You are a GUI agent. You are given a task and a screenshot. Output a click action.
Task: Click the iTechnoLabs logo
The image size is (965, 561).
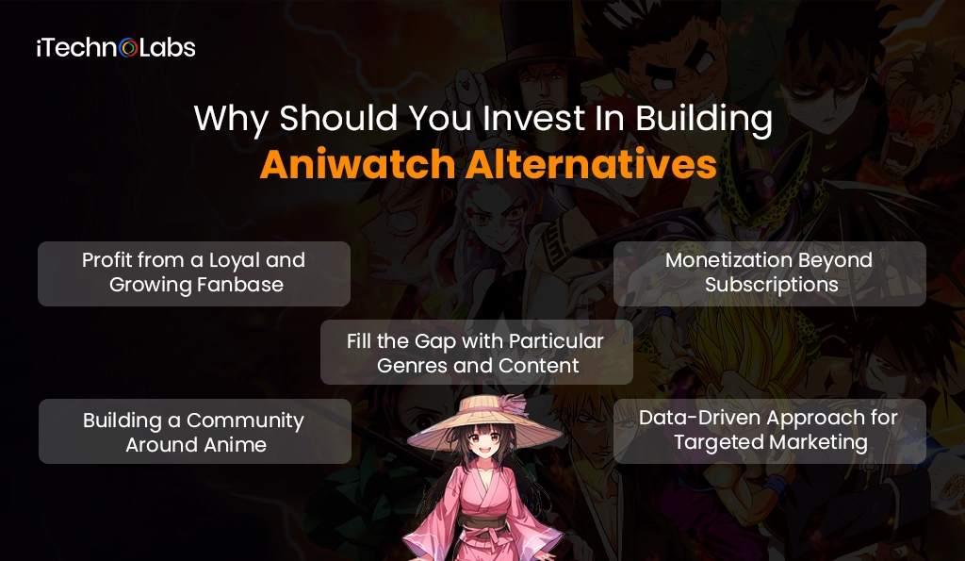pyautogui.click(x=116, y=47)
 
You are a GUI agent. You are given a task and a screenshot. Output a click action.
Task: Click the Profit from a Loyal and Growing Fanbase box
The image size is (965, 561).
pyautogui.click(x=194, y=272)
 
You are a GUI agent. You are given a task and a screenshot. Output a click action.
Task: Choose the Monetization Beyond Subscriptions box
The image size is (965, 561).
pyautogui.click(x=770, y=272)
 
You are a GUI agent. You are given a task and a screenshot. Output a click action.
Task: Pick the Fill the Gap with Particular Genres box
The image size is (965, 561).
pyautogui.click(x=476, y=352)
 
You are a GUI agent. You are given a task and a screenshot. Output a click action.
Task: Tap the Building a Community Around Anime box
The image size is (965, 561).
pyautogui.click(x=194, y=431)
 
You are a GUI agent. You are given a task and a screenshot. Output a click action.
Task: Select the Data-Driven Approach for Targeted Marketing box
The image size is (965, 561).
pyautogui.click(x=770, y=430)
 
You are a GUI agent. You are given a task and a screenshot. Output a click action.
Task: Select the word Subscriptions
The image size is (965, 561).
pyautogui.click(x=771, y=285)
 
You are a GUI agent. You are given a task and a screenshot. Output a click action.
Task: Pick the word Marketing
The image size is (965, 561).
pyautogui.click(x=818, y=442)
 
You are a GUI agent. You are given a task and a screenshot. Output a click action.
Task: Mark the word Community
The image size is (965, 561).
pyautogui.click(x=245, y=420)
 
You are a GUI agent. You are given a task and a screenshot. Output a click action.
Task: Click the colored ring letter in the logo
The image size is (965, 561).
pyautogui.click(x=129, y=48)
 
